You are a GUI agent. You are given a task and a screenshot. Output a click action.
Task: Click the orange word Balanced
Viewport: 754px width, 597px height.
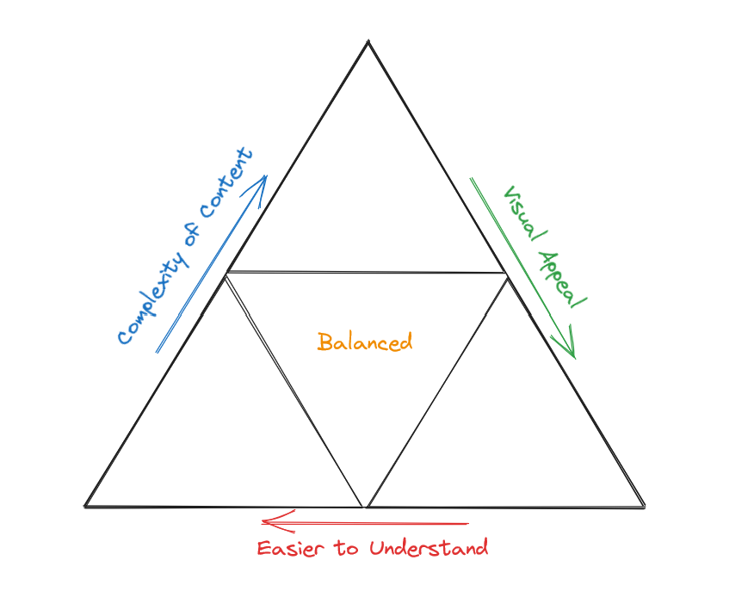(365, 342)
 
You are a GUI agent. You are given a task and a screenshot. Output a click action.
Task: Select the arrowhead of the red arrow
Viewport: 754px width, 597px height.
(264, 521)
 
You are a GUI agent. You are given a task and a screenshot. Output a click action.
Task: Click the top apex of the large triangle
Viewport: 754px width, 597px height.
(368, 40)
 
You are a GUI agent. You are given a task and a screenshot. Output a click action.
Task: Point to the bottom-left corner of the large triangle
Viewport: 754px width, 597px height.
(85, 505)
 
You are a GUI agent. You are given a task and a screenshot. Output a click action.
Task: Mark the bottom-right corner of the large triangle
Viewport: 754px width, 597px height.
(643, 504)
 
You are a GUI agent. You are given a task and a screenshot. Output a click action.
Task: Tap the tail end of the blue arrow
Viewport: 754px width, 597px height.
(157, 352)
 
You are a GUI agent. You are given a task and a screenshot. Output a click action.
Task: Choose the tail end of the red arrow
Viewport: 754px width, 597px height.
(469, 522)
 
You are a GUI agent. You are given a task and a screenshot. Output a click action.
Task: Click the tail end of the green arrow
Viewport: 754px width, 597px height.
(471, 179)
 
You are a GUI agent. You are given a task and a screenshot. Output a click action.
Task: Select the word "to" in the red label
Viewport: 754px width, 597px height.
(347, 548)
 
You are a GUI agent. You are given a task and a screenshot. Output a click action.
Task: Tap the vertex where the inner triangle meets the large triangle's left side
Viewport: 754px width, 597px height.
(226, 274)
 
